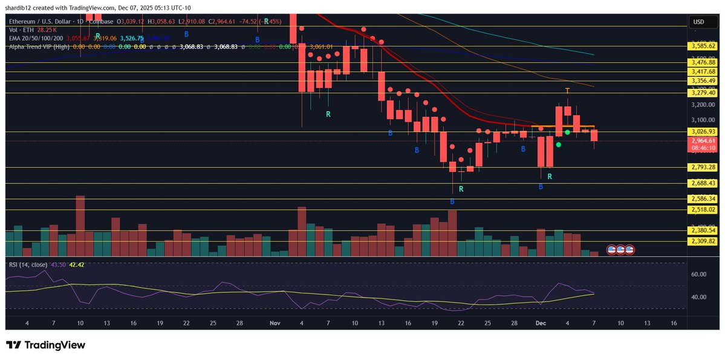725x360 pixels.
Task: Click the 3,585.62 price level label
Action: coord(703,45)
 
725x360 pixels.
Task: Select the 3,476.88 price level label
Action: coord(703,62)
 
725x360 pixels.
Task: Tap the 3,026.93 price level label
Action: coord(703,131)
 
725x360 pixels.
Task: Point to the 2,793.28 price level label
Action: coord(703,167)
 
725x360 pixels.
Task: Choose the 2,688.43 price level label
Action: coord(703,183)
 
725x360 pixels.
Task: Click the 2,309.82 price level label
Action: coord(703,241)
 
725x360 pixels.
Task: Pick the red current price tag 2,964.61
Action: coord(703,141)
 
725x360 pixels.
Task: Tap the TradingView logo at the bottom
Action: coord(46,345)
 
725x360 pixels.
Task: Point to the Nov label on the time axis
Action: coord(275,324)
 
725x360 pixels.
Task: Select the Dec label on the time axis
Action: coord(541,324)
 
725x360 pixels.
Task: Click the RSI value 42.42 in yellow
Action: coord(77,264)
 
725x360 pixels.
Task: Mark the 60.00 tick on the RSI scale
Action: coord(699,274)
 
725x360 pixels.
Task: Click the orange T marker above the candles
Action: coord(567,91)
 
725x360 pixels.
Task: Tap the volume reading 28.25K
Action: coord(47,29)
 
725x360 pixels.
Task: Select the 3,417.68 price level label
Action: coord(703,71)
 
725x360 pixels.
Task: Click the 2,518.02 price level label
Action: coord(703,209)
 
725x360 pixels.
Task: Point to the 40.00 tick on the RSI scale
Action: coord(699,297)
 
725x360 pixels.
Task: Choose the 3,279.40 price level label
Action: coord(703,93)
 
